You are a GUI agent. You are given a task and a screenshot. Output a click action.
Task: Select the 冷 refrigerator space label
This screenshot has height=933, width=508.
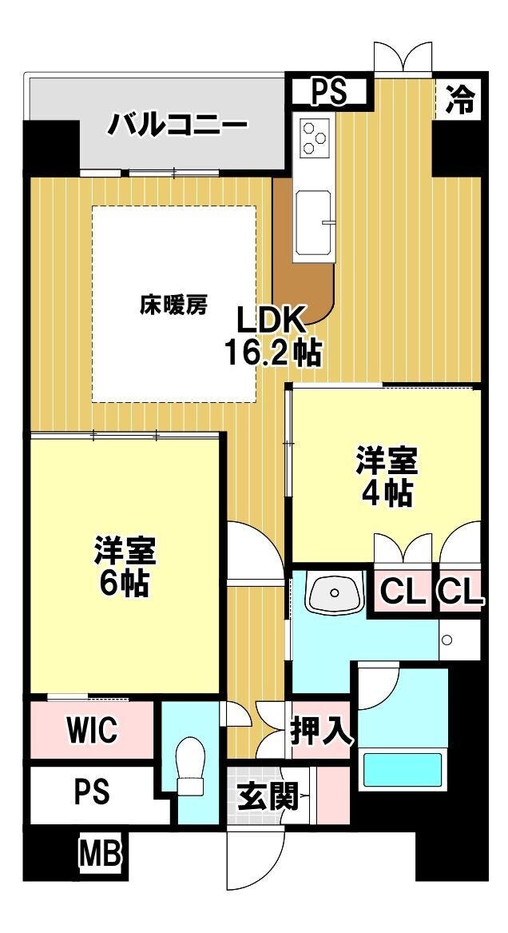pos(460,98)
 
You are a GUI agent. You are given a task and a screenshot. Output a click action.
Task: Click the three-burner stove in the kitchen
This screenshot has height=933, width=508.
pos(314,137)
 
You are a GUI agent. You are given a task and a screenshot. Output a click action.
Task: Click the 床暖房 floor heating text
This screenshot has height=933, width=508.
pos(173,305)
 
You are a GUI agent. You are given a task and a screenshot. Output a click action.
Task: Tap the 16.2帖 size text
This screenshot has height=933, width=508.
pos(272,353)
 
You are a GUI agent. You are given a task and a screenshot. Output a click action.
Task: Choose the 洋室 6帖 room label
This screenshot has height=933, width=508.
pos(125,567)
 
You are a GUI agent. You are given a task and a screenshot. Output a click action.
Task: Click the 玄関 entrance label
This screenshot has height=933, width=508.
pos(267,796)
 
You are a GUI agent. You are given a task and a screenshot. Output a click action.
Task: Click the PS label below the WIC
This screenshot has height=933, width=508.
pos(92,791)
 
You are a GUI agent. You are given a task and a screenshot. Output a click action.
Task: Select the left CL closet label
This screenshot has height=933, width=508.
pos(403,592)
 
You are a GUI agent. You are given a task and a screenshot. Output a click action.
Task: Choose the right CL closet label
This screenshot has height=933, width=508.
pos(460,592)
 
